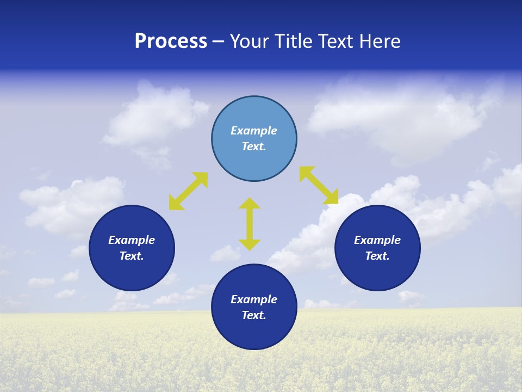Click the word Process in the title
tap(171, 41)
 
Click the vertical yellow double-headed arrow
tap(250, 224)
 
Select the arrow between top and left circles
tap(188, 191)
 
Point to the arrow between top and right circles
tap(319, 185)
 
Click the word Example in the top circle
tap(254, 131)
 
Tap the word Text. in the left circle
tap(132, 256)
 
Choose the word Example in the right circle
tap(377, 240)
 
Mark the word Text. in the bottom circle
tap(254, 315)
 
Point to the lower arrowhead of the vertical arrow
tap(250, 244)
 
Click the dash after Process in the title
tap(218, 41)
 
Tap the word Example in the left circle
tap(132, 240)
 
